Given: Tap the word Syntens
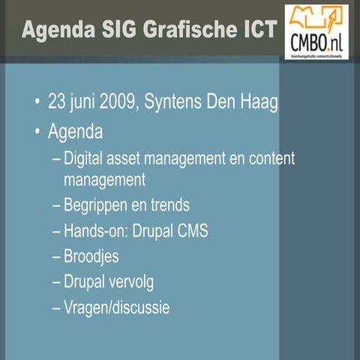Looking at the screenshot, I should (x=183, y=101).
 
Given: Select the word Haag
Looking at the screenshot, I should (x=260, y=101).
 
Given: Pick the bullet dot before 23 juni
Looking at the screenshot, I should (x=37, y=102).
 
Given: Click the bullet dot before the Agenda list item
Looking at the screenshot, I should (x=37, y=133).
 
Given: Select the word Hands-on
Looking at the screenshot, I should (x=96, y=231).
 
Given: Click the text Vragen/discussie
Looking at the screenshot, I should (x=117, y=307).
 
